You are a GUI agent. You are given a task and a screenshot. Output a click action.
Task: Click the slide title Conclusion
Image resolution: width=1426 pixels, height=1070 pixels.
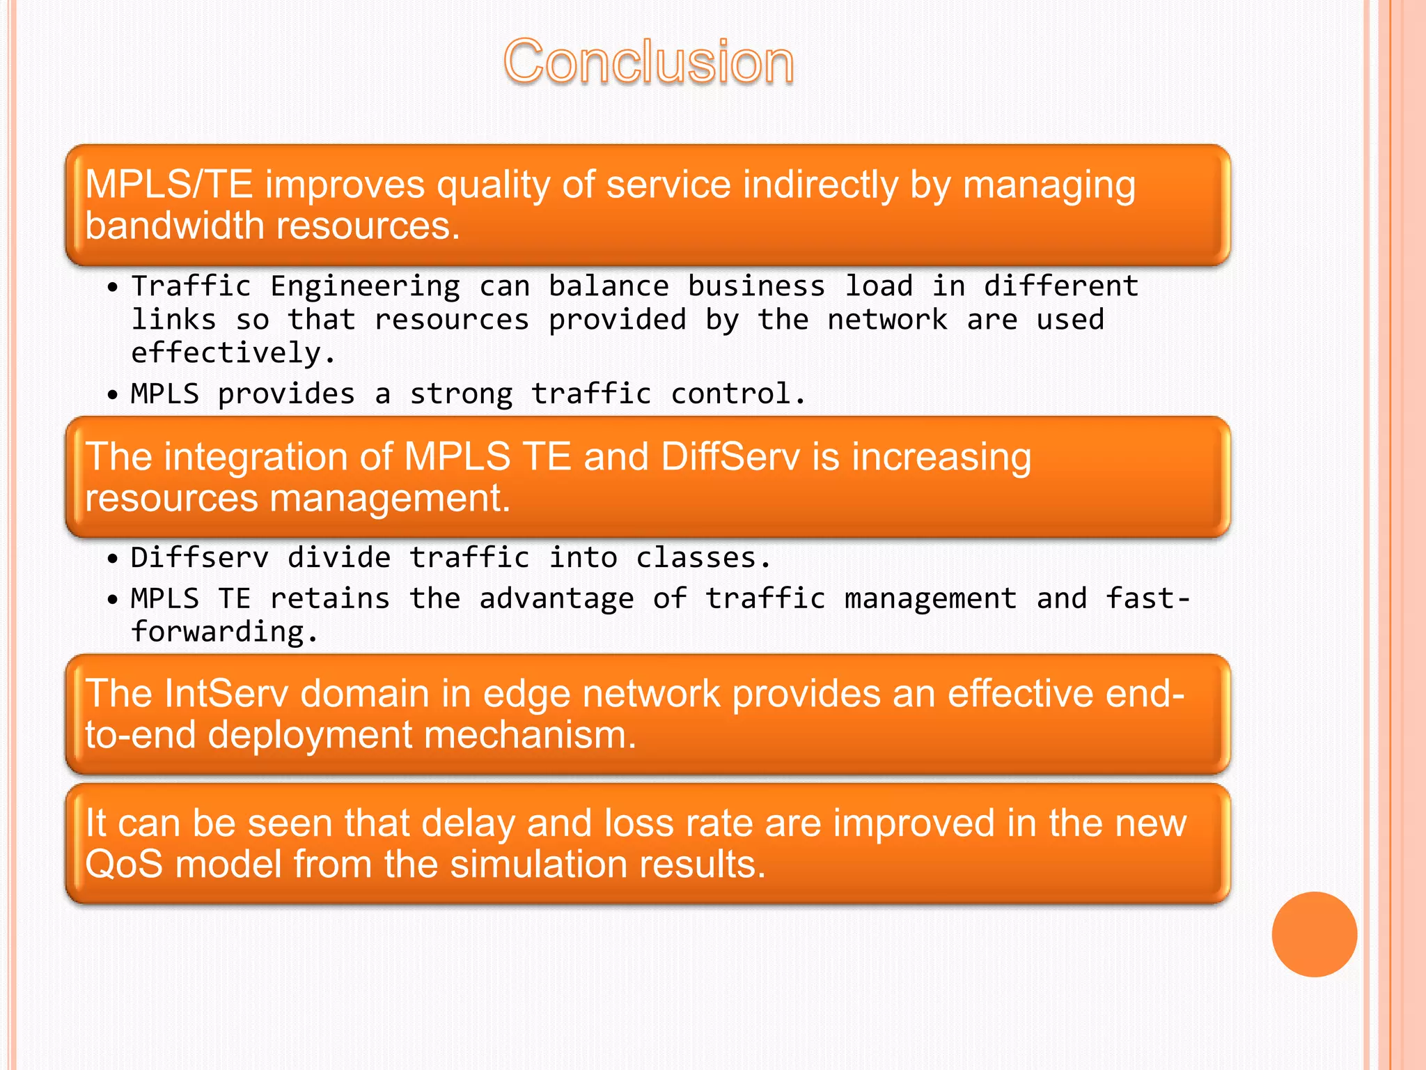(648, 63)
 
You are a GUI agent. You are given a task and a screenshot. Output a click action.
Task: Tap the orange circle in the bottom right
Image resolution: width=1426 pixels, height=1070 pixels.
(1314, 934)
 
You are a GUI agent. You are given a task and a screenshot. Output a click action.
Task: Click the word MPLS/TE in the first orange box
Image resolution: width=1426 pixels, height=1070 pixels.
(168, 185)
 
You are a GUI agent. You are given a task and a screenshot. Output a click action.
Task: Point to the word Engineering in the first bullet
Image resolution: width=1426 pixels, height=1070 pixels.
(365, 286)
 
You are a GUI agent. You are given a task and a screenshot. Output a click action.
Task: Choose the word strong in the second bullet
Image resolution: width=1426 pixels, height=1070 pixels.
(461, 394)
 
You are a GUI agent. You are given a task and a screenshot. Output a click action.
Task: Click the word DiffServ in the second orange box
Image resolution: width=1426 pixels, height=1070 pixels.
(730, 457)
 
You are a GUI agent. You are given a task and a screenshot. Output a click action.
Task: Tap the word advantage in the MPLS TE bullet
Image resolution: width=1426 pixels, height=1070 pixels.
(556, 599)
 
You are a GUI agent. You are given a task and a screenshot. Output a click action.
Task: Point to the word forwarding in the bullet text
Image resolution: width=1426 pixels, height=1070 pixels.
(217, 633)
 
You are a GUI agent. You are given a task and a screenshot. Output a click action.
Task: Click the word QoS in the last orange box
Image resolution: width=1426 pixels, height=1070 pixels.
(124, 864)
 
